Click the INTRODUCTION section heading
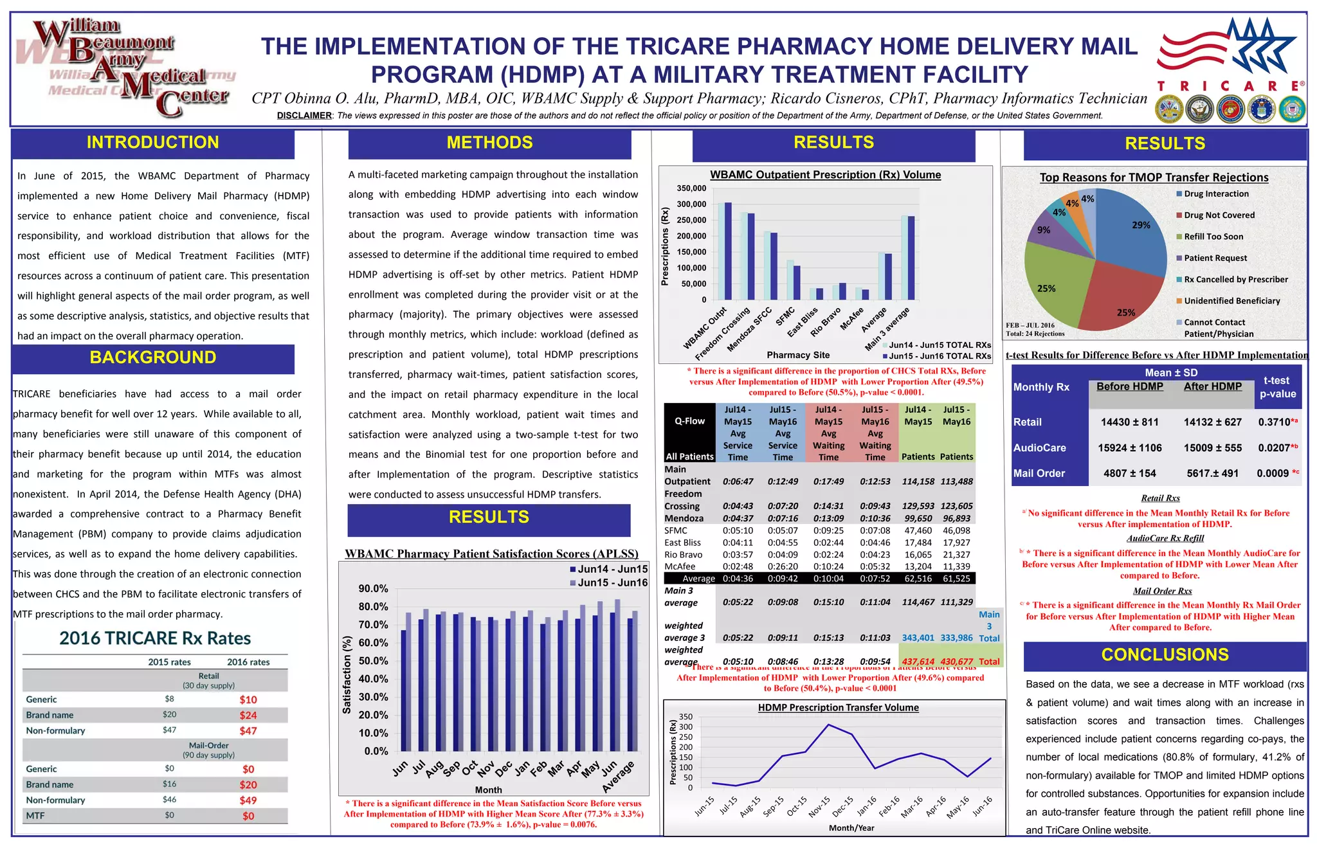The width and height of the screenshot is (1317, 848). tap(153, 143)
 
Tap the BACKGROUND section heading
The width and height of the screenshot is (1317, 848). tap(153, 358)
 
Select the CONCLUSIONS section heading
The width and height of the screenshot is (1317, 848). tap(1165, 655)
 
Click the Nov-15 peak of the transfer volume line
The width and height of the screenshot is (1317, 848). tap(829, 725)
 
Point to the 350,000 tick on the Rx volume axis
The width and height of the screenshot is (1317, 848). tap(691, 188)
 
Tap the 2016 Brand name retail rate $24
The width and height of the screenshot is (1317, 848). tap(248, 716)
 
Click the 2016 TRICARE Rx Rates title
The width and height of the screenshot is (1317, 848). tap(155, 638)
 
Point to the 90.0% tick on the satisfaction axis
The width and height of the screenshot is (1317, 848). tap(373, 589)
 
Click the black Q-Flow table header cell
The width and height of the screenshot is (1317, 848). tap(689, 421)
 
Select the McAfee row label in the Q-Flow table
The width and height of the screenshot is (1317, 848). tap(680, 567)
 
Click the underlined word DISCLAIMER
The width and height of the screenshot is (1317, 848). tap(304, 116)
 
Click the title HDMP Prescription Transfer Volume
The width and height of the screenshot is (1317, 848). tap(838, 708)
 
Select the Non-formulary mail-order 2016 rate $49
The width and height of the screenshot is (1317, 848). tap(248, 800)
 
